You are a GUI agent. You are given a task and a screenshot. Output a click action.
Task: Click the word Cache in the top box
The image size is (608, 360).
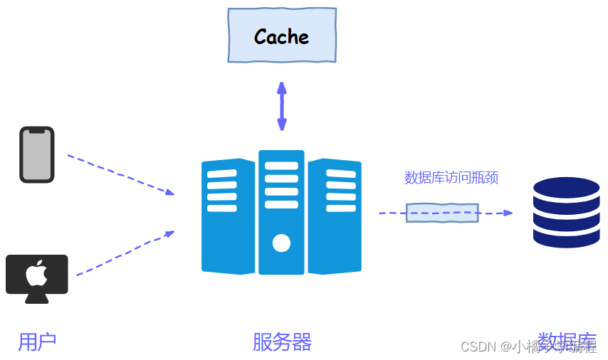pyautogui.click(x=281, y=36)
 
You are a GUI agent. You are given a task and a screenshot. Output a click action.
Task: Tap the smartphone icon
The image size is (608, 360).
pyautogui.click(x=37, y=154)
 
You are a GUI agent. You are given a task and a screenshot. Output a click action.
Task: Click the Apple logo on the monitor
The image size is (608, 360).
pyautogui.click(x=36, y=273)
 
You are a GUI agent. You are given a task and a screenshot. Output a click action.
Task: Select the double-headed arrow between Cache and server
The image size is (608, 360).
pyautogui.click(x=282, y=107)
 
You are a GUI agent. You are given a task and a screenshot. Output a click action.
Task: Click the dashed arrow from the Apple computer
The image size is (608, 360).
pyautogui.click(x=125, y=253)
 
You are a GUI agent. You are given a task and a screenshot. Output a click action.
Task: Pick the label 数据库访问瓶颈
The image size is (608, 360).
pyautogui.click(x=451, y=178)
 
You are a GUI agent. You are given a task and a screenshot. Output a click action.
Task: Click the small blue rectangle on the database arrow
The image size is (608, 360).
pyautogui.click(x=442, y=213)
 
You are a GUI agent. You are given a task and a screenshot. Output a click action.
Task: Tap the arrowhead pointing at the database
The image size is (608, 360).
pyautogui.click(x=507, y=213)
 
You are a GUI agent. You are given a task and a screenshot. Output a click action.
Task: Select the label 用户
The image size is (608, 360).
pyautogui.click(x=37, y=342)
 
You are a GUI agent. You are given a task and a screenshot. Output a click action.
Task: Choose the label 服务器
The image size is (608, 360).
pyautogui.click(x=282, y=342)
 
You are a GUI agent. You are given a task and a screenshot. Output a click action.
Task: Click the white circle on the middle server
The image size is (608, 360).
pyautogui.click(x=281, y=243)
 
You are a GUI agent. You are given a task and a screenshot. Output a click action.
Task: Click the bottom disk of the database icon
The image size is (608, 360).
pyautogui.click(x=567, y=237)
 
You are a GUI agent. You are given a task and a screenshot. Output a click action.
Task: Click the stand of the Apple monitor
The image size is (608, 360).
pyautogui.click(x=37, y=298)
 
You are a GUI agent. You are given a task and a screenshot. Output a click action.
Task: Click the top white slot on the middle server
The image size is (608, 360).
pyautogui.click(x=281, y=166)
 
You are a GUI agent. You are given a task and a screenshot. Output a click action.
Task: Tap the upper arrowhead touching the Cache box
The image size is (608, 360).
pyautogui.click(x=282, y=87)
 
